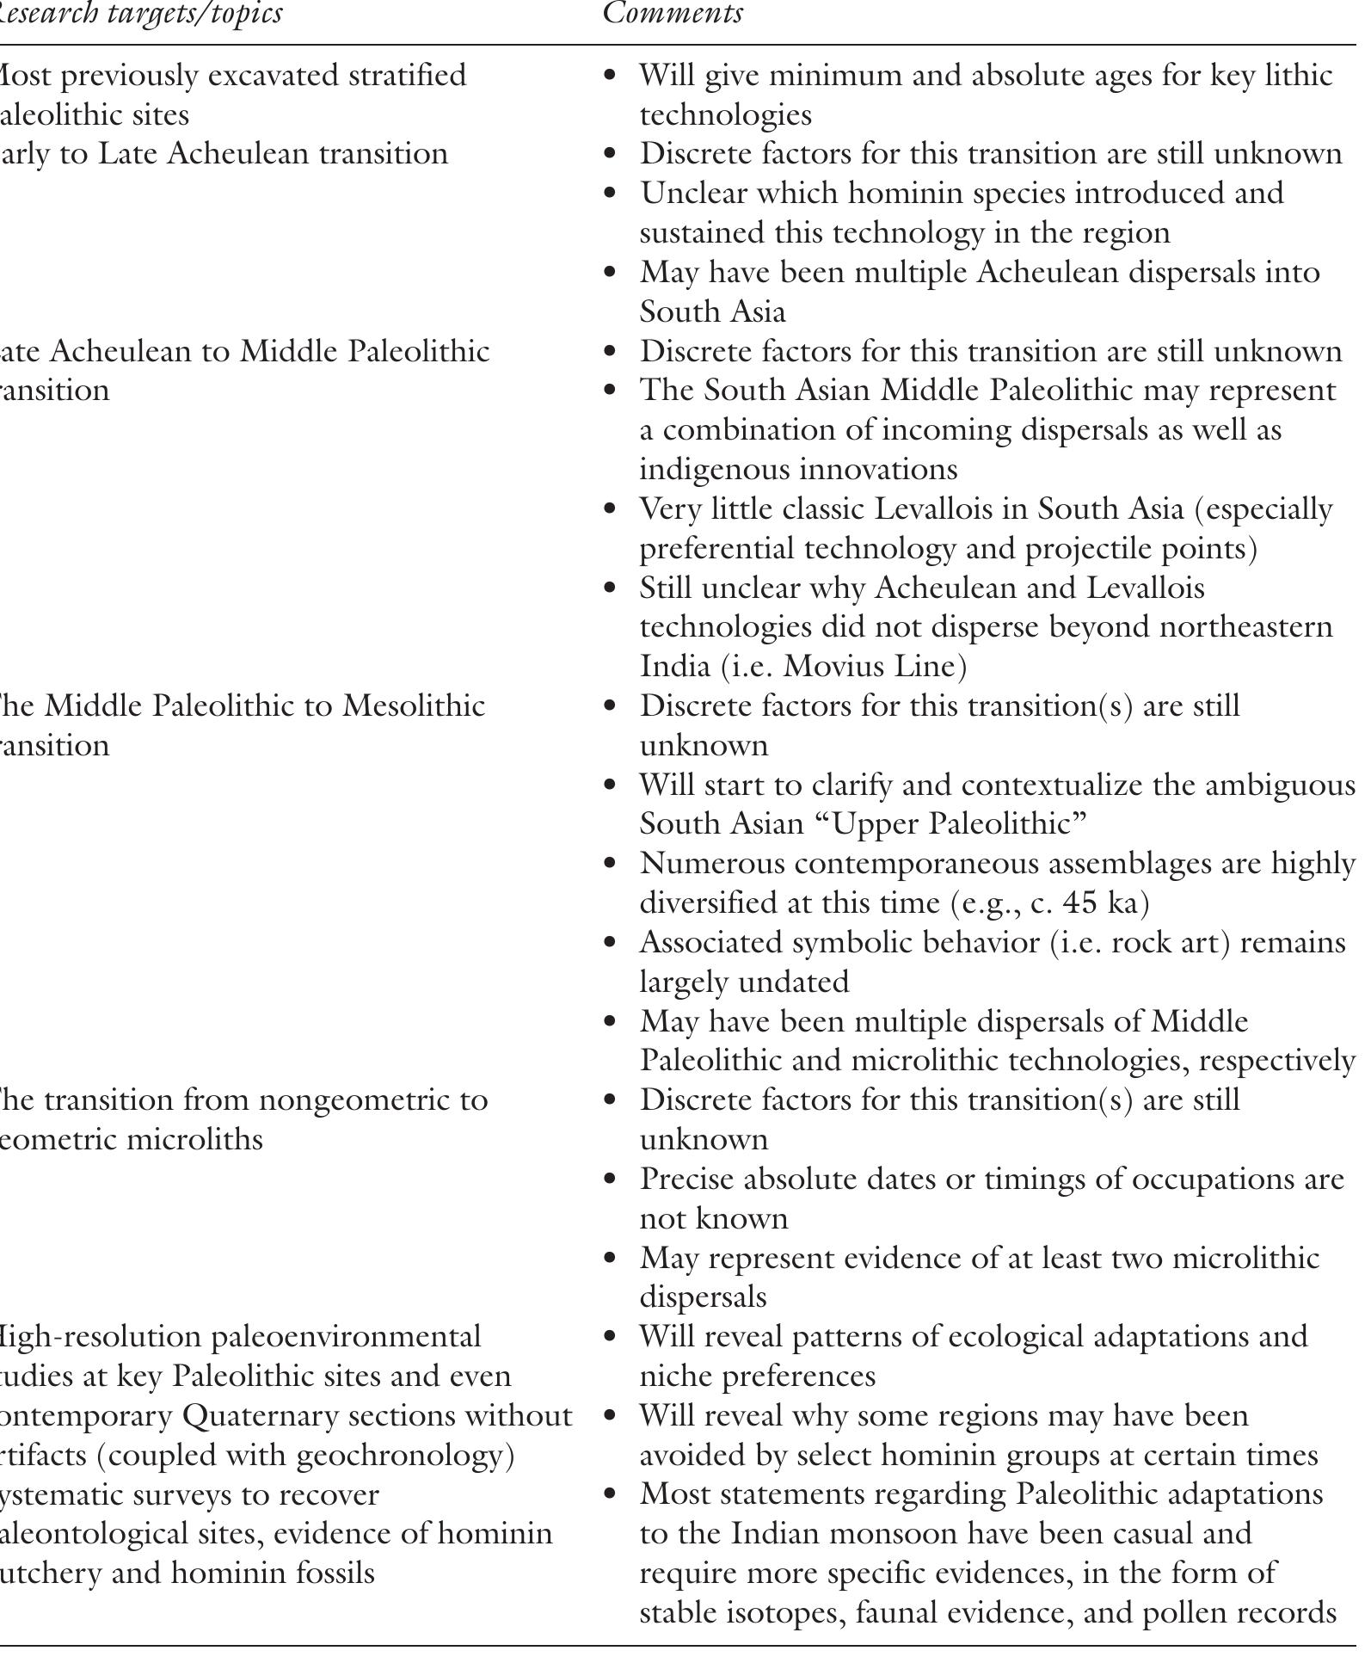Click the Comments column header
pyautogui.click(x=672, y=14)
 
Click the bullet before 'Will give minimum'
pyautogui.click(x=612, y=77)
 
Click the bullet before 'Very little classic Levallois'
pyautogui.click(x=612, y=509)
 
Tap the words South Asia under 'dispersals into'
pyautogui.click(x=712, y=311)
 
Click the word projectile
pyautogui.click(x=1116, y=549)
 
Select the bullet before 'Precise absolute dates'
pyautogui.click(x=612, y=1179)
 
